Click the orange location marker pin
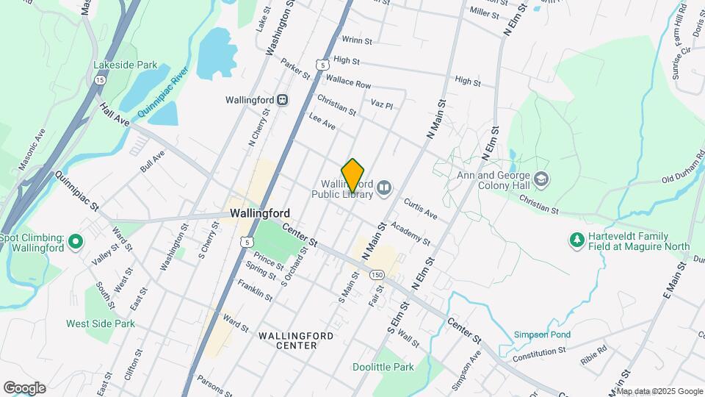[353, 175]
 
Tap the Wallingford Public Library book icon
[383, 190]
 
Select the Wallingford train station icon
[282, 99]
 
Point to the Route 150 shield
[377, 274]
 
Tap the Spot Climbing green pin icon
[74, 242]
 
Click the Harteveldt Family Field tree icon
[577, 240]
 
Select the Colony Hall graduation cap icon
[541, 179]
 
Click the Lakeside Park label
[125, 65]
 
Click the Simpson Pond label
[542, 334]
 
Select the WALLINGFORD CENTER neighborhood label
[297, 340]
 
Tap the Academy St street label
[410, 235]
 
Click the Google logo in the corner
[24, 387]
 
